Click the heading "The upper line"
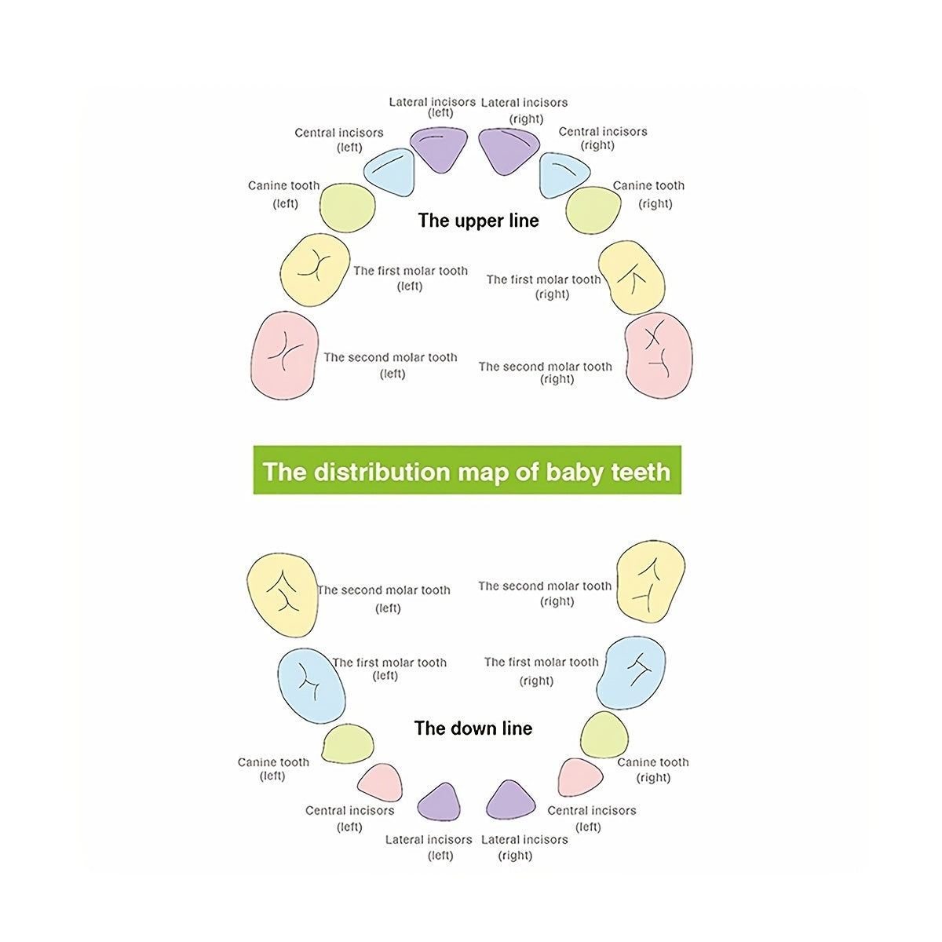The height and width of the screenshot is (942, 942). [478, 221]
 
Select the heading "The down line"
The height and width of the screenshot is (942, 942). [473, 728]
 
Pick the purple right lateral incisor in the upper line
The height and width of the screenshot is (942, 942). [508, 149]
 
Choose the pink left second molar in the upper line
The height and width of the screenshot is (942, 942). [284, 355]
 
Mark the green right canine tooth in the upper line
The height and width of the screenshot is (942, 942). [593, 210]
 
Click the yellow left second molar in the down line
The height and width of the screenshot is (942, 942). [282, 594]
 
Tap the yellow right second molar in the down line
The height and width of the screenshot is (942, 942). [651, 582]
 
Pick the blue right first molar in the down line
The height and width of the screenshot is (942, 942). [631, 673]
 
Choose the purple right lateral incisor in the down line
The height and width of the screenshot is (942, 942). [510, 801]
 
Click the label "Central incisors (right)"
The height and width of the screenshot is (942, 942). [602, 138]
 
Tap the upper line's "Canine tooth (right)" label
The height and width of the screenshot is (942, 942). [649, 195]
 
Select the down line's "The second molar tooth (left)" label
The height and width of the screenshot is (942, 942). [385, 598]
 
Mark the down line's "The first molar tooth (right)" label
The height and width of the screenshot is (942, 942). [541, 671]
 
